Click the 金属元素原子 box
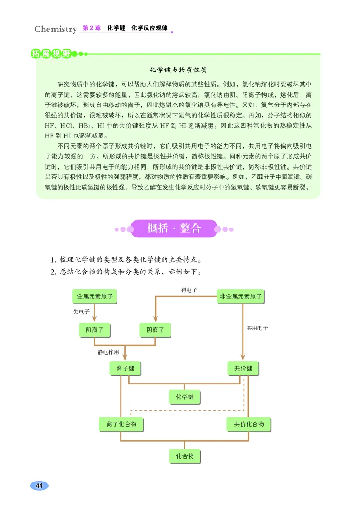tap(95, 296)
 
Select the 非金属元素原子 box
tap(241, 296)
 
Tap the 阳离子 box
tap(95, 330)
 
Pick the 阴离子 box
tap(155, 330)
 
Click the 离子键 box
tap(125, 368)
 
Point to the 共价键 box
tap(243, 368)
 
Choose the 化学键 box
tap(184, 397)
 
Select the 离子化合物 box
tap(121, 424)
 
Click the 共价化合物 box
tap(249, 424)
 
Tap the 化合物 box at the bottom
tap(184, 456)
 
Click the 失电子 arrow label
tap(81, 312)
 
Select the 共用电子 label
tap(257, 328)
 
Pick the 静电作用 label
tap(108, 352)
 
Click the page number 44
tap(39, 486)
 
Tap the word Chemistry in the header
tap(56, 29)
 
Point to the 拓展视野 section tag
tap(51, 54)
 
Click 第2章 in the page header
tap(92, 28)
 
